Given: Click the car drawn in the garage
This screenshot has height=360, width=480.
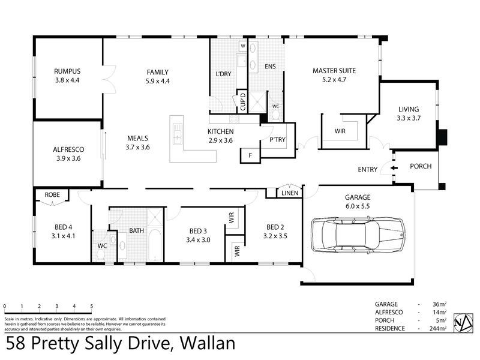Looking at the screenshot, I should click(358, 235).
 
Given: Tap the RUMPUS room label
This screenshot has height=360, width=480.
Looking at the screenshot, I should click(67, 71).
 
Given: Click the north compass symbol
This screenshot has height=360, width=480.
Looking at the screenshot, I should click(462, 322).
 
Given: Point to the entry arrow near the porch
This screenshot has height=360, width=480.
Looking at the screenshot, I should click(392, 169).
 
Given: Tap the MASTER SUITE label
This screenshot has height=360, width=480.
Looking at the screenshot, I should click(334, 71).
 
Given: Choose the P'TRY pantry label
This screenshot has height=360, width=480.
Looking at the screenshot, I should click(277, 140).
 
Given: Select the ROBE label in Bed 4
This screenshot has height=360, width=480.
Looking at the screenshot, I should click(52, 194).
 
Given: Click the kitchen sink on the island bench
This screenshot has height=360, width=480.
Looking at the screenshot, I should click(177, 134).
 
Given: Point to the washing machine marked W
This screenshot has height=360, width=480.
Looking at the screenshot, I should click(243, 46).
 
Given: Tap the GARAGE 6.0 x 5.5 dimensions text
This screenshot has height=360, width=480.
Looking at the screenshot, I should click(358, 205).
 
